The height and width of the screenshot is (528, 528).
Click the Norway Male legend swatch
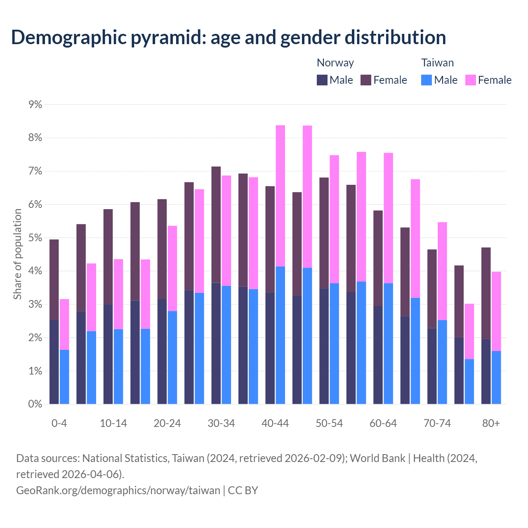322,80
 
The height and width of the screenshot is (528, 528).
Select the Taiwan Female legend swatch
470,80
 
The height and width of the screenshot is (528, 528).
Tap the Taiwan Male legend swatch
427,80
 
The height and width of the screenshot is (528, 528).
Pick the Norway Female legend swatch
366,80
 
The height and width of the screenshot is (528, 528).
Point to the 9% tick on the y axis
35,105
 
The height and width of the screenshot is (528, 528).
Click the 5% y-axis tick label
35,238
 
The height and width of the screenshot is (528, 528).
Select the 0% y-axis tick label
35,404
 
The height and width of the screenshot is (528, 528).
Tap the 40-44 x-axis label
275,424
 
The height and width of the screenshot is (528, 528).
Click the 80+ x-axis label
491,424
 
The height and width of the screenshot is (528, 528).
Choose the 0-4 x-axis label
59,424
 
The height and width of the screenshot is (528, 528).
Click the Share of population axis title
17,254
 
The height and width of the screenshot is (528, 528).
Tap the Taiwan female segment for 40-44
280,196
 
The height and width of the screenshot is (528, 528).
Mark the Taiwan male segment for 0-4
64,377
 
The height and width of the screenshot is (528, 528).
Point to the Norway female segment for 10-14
108,257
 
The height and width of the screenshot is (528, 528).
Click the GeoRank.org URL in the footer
118,490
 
